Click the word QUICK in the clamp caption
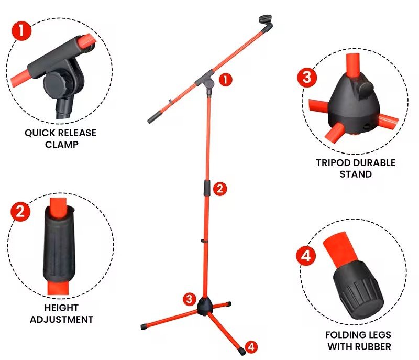[40, 133]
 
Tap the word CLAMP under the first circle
[62, 145]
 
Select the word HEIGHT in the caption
[61, 308]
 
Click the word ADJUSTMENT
[61, 319]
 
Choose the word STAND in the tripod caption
[356, 174]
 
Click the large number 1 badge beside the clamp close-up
[21, 31]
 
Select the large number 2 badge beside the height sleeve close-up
[20, 212]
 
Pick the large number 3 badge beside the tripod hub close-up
[307, 78]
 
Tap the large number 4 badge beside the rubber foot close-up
[306, 256]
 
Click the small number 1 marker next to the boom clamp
[226, 80]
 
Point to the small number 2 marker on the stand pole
[220, 189]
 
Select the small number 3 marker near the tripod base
[190, 299]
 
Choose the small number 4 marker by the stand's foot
[251, 346]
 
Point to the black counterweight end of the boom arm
[154, 117]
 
